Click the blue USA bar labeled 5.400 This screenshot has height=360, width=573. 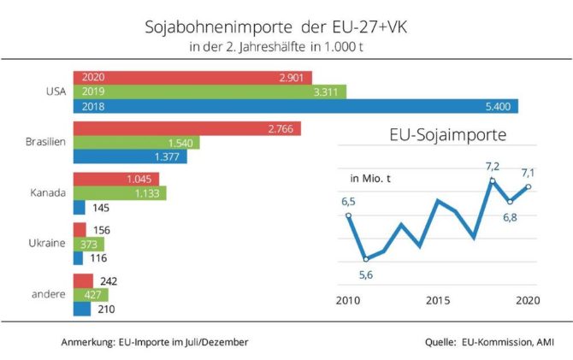point(296,106)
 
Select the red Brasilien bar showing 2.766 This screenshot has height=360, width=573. point(187,128)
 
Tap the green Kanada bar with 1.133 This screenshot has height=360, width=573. point(120,193)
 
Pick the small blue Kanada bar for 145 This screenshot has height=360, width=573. point(80,208)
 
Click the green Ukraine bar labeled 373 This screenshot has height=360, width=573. point(89,245)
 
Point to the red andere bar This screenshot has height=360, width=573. point(83,281)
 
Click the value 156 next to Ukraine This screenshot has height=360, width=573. point(101,230)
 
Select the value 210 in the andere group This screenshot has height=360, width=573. point(106,310)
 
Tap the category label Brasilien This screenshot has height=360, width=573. point(45,142)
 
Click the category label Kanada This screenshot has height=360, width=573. point(48,192)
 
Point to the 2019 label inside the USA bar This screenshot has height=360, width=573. point(93,91)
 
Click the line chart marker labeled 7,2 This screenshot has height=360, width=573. point(493,181)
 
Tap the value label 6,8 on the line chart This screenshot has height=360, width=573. point(510,217)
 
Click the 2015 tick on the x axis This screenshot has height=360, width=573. point(438,300)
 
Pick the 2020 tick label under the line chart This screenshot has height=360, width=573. point(528,300)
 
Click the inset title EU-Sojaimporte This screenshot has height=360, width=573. point(448,134)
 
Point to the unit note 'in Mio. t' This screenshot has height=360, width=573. point(370,179)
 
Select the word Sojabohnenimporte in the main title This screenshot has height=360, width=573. point(219,27)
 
